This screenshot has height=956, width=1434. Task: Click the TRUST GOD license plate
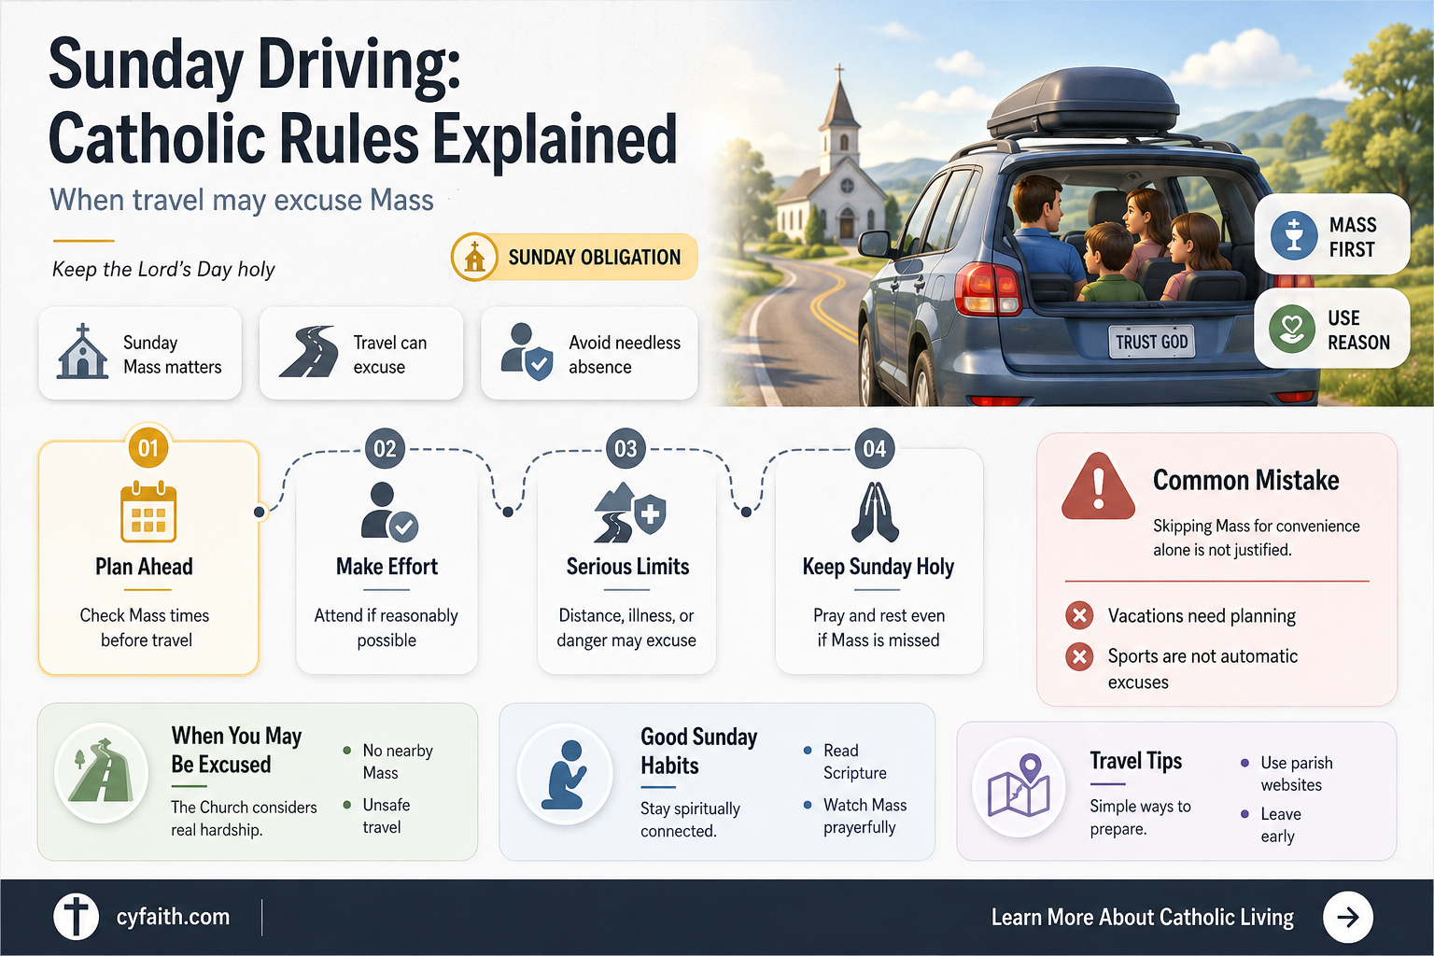click(x=1152, y=342)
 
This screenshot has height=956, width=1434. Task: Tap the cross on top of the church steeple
click(x=838, y=70)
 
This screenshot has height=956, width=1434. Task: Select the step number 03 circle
click(x=626, y=448)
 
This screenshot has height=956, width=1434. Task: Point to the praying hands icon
click(x=875, y=512)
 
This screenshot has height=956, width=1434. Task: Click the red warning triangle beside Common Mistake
click(x=1098, y=486)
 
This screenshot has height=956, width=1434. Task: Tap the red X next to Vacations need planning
click(x=1079, y=615)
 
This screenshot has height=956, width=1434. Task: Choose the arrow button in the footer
click(x=1347, y=917)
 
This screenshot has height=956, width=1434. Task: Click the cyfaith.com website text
click(x=173, y=916)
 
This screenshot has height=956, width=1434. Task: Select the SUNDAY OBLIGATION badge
click(x=574, y=257)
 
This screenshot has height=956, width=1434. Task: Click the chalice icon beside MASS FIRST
click(x=1294, y=235)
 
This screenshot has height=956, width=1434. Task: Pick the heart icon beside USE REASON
click(x=1292, y=330)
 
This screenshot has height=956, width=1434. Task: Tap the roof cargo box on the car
click(x=1083, y=103)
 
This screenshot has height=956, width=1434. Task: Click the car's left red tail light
click(x=988, y=288)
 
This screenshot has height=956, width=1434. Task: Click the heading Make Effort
click(x=387, y=567)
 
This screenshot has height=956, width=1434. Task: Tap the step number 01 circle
click(x=148, y=447)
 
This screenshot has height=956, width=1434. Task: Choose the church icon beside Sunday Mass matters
click(x=82, y=352)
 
